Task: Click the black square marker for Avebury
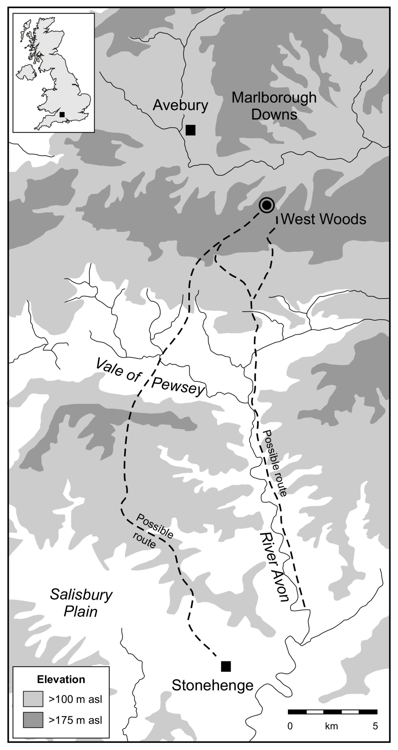click(x=190, y=130)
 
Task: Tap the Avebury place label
click(x=180, y=105)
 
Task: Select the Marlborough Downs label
click(x=274, y=106)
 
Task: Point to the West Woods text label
click(x=323, y=219)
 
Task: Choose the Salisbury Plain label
click(x=81, y=603)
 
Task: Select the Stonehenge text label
click(x=212, y=685)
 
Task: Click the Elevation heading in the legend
click(x=61, y=679)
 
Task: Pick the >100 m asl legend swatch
click(x=33, y=699)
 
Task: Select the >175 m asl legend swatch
click(x=33, y=720)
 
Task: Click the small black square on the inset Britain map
click(x=62, y=115)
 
